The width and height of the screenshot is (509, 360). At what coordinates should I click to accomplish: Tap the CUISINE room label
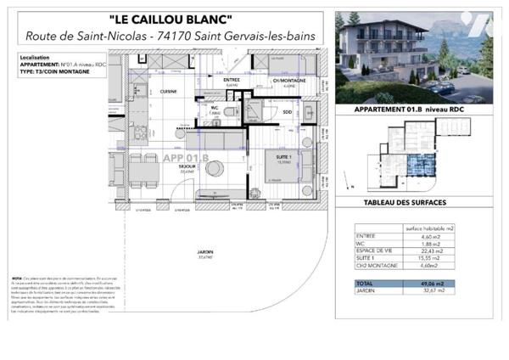coord(168,91)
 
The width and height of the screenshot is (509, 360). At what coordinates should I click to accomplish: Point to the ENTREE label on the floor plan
coord(231,80)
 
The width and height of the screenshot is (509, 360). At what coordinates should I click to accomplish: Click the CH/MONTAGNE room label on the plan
coord(288,80)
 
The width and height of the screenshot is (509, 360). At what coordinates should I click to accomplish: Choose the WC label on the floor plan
coord(215,108)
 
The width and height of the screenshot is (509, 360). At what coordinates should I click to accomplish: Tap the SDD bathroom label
coord(287,113)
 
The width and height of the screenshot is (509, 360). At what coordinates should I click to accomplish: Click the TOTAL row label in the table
coord(365,284)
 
